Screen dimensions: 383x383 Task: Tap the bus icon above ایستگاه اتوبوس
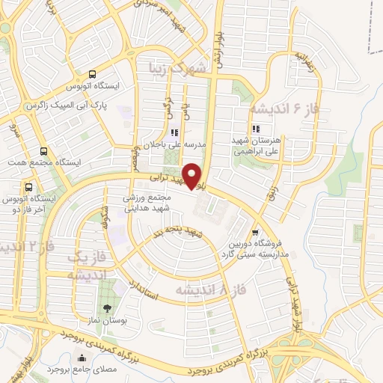(92, 74)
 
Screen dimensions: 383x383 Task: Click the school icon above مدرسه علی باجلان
(174, 132)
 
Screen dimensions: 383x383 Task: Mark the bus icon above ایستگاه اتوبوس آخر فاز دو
(29, 187)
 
